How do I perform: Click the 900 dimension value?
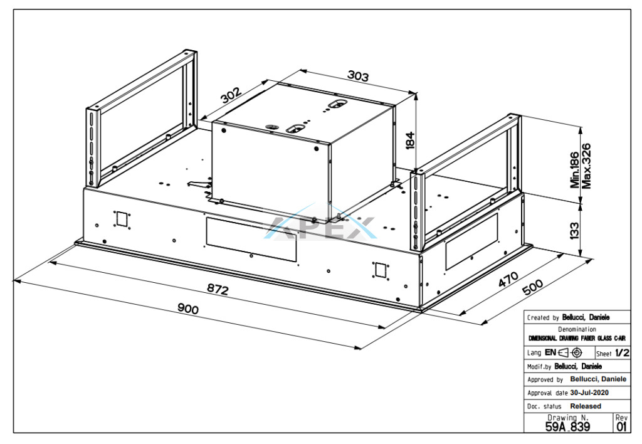(188, 310)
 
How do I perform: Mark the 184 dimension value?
(411, 140)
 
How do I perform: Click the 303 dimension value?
(357, 76)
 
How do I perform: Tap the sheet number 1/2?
(621, 352)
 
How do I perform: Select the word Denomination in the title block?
(577, 329)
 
